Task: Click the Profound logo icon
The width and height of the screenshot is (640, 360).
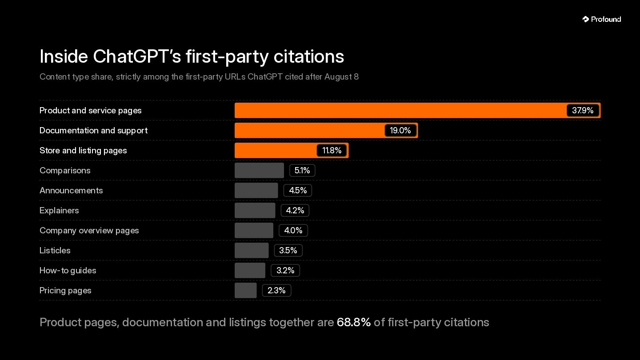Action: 586,19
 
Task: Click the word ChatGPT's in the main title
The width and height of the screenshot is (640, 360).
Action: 137,56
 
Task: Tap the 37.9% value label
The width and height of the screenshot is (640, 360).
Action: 583,111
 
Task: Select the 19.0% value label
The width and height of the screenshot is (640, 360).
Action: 400,131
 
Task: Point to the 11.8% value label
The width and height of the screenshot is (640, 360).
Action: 332,151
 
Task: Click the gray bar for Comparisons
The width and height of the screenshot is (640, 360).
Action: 259,171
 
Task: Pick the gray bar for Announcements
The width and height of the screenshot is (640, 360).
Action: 256,191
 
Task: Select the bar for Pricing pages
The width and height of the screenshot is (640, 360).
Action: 246,291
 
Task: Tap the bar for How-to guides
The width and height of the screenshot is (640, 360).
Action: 250,271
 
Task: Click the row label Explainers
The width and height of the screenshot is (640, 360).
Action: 59,211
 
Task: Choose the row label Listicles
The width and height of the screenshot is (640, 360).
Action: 55,251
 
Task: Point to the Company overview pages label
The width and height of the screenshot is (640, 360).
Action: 89,231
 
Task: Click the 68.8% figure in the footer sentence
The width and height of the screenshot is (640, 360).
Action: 354,322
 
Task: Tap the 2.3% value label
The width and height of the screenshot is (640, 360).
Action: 276,291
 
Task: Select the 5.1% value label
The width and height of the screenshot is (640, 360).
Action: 302,171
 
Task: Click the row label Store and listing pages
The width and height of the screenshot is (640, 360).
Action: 83,151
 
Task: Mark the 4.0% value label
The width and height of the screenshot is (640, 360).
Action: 293,231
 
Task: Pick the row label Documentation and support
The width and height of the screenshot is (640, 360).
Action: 93,131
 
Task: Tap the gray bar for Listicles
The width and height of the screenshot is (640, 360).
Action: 252,251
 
